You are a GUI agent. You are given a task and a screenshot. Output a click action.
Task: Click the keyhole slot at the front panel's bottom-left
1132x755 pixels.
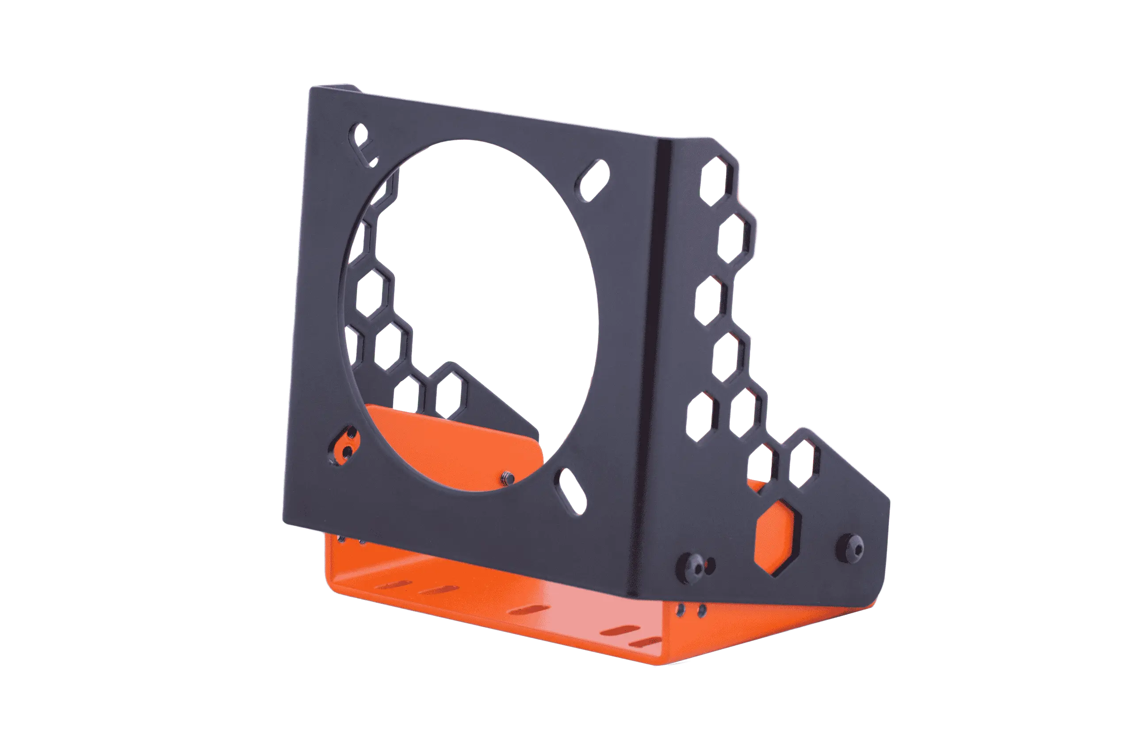coord(347,444)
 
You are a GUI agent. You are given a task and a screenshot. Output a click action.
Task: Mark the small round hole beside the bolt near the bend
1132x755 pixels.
coord(709,563)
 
